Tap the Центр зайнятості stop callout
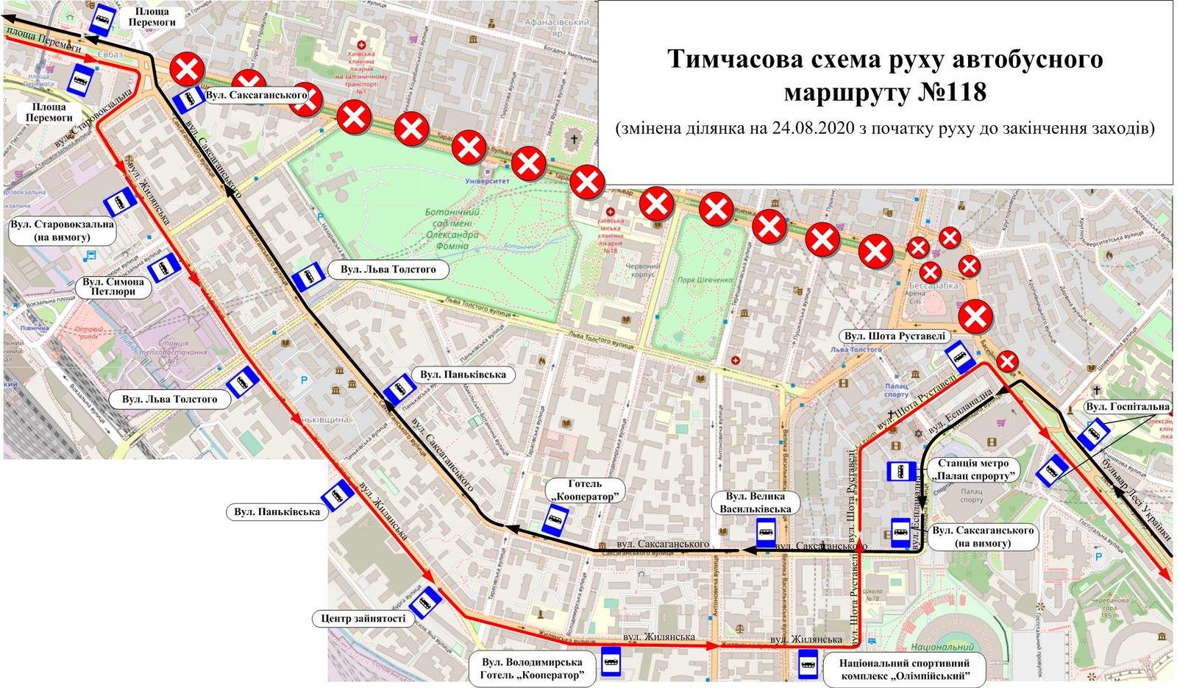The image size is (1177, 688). point(363,618)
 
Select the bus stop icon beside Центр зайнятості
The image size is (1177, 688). point(425,602)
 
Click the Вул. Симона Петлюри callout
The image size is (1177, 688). point(113,286)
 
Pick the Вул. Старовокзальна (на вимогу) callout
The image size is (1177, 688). point(63,230)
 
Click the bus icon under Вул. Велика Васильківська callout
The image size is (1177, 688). point(766,532)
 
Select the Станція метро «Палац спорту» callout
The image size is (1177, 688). point(972,469)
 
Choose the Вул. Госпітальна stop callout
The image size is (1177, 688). point(1127,407)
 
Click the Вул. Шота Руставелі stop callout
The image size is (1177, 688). point(895,336)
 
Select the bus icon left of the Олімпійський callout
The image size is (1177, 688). point(808,664)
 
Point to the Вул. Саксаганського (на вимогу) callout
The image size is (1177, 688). point(983,536)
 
